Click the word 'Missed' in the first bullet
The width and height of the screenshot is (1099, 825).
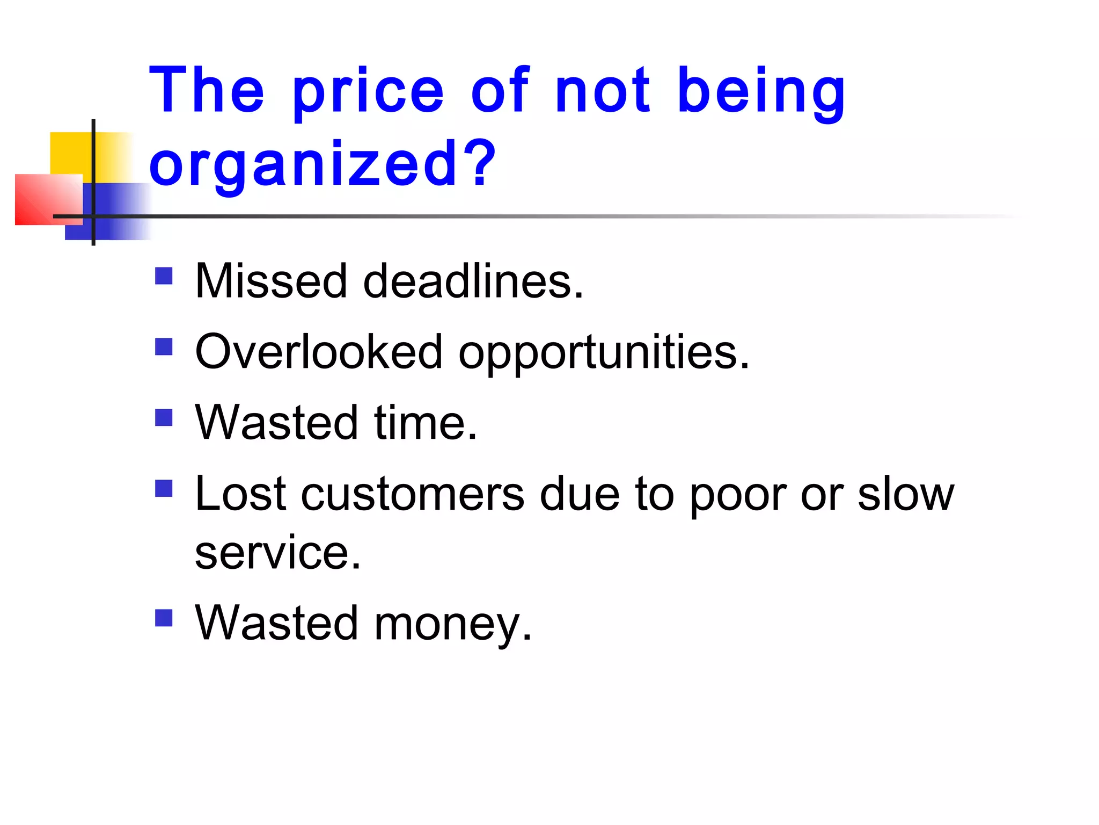click(271, 281)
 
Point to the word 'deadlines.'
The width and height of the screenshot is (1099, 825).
click(473, 281)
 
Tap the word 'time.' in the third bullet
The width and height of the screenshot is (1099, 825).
click(426, 423)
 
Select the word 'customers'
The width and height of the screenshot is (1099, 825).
click(413, 494)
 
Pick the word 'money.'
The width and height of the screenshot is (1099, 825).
click(453, 624)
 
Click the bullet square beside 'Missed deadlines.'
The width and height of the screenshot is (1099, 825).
click(164, 276)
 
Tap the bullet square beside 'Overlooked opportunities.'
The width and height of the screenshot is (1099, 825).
click(164, 347)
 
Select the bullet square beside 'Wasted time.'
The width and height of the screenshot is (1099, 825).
click(164, 418)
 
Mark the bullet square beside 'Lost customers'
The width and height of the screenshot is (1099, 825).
click(164, 489)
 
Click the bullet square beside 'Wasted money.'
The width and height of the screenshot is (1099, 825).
click(164, 618)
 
